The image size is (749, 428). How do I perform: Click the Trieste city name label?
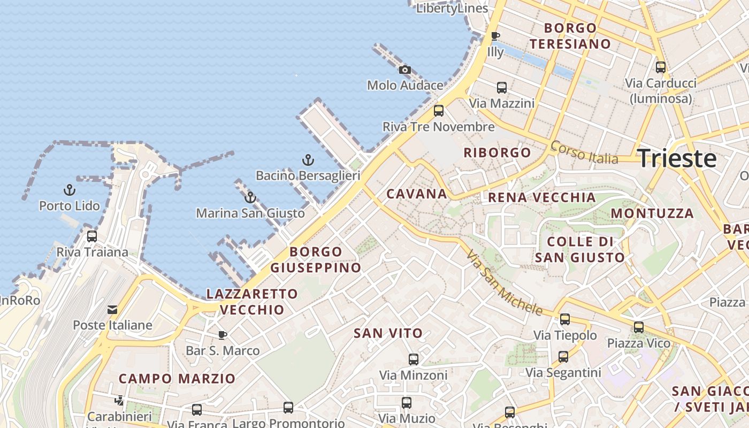click(677, 158)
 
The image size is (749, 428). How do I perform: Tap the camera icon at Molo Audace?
click(405, 70)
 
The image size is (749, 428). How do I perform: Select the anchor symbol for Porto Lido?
click(70, 190)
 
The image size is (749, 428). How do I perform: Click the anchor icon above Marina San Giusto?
click(250, 197)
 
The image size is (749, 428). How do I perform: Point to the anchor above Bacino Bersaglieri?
click(308, 159)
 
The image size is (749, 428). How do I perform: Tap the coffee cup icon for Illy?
click(495, 36)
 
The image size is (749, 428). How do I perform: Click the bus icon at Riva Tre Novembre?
click(439, 111)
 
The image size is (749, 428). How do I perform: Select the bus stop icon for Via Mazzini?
click(502, 87)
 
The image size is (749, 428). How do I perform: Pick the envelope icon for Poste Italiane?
click(112, 309)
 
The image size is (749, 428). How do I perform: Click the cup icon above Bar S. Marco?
click(223, 335)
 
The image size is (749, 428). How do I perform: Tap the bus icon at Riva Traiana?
click(92, 236)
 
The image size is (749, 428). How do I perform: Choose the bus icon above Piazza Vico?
click(638, 327)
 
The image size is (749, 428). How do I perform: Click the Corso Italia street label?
click(584, 152)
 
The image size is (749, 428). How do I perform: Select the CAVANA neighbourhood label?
click(416, 194)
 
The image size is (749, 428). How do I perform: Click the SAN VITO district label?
click(388, 333)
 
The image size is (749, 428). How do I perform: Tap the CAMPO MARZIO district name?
click(177, 379)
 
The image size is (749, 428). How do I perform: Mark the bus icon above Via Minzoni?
click(414, 359)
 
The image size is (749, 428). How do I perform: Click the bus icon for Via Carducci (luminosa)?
click(661, 67)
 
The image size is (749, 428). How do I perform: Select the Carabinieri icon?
click(119, 400)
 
